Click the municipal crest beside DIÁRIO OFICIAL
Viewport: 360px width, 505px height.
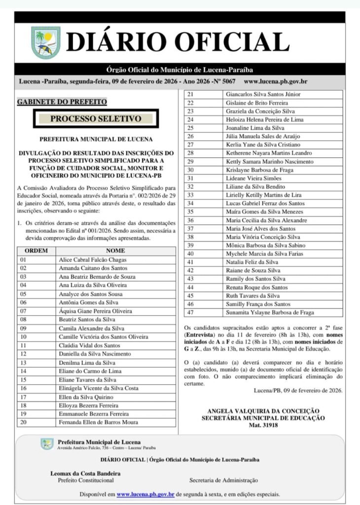coord(46,42)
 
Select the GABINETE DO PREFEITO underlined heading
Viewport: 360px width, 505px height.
coord(62,102)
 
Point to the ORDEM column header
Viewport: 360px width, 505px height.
coord(36,251)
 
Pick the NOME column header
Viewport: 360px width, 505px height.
coord(115,251)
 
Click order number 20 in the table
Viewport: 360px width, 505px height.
coord(23,422)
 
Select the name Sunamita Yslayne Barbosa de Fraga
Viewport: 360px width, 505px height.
coord(270,313)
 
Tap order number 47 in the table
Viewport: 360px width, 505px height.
coord(190,313)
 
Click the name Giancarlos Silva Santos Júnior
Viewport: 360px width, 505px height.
coord(263,94)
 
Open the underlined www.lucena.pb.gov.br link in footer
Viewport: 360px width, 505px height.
coord(145,494)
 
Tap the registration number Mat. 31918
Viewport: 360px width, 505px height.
coord(263,425)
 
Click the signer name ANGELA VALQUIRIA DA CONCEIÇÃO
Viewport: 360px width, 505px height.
coord(263,411)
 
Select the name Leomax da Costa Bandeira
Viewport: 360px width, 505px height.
coord(85,473)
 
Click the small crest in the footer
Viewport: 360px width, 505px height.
coord(47,444)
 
